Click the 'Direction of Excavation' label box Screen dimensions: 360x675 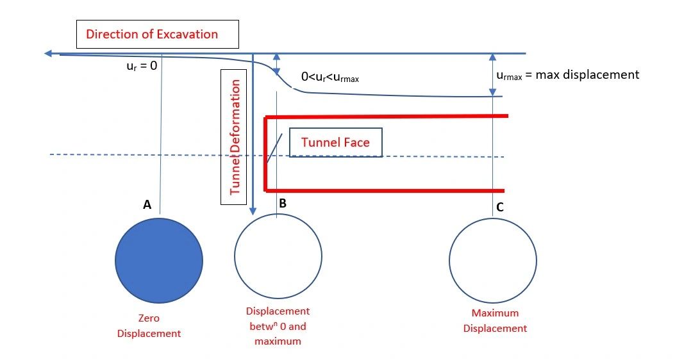pos(157,35)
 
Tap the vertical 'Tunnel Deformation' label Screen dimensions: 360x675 pos(234,136)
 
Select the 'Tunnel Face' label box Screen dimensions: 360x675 pos(335,142)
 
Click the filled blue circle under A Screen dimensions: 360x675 pos(159,259)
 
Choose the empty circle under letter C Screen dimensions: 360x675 pos(492,263)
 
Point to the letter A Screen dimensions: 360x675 pos(147,205)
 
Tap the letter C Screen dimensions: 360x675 pos(500,207)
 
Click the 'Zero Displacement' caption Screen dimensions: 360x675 pos(159,325)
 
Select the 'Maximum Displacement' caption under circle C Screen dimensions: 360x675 pos(495,321)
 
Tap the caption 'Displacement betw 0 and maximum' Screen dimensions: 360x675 pos(278,326)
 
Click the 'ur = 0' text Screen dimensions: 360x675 pos(142,65)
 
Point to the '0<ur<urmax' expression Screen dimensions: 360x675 pos(329,78)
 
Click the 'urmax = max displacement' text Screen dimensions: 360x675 pos(567,75)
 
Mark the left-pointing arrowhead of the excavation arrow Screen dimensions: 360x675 pos(49,54)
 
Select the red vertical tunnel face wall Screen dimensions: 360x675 pos(265,154)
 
